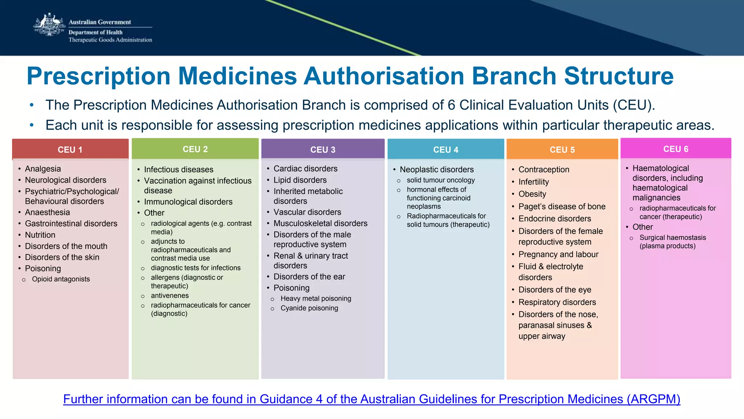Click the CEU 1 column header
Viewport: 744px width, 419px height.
click(x=70, y=149)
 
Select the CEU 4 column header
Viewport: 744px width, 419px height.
click(x=446, y=149)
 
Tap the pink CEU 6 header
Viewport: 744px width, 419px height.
click(x=676, y=149)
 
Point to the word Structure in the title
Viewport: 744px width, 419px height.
click(x=619, y=76)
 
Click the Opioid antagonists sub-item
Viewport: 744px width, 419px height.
click(x=61, y=279)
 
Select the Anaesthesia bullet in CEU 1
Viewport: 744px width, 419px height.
click(x=47, y=212)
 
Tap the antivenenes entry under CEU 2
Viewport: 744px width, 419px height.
click(x=170, y=295)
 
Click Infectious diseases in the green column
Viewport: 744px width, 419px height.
click(x=178, y=169)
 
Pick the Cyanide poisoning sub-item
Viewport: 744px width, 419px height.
click(x=309, y=308)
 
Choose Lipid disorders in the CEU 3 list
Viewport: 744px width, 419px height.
click(x=300, y=180)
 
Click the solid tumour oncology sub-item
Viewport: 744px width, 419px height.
click(x=441, y=180)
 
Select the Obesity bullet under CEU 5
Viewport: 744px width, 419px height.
click(x=532, y=194)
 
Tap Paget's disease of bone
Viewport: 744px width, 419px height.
click(x=562, y=206)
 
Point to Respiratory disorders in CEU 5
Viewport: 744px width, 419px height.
click(x=557, y=302)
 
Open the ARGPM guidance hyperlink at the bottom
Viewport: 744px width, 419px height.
click(x=372, y=399)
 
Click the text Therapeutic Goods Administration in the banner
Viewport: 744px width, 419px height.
click(x=110, y=40)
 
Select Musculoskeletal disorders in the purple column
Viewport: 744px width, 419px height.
click(x=320, y=223)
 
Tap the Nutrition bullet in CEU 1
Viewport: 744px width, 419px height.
click(x=40, y=235)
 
